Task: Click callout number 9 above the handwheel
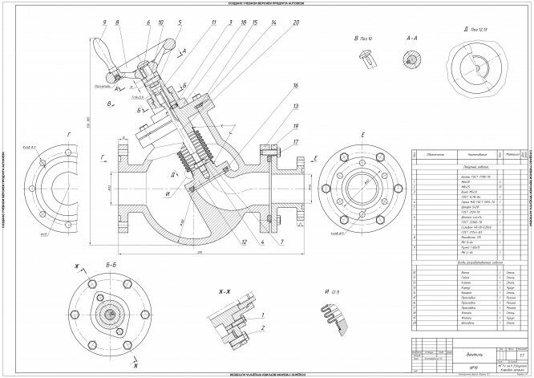104,23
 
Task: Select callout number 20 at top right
297,23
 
